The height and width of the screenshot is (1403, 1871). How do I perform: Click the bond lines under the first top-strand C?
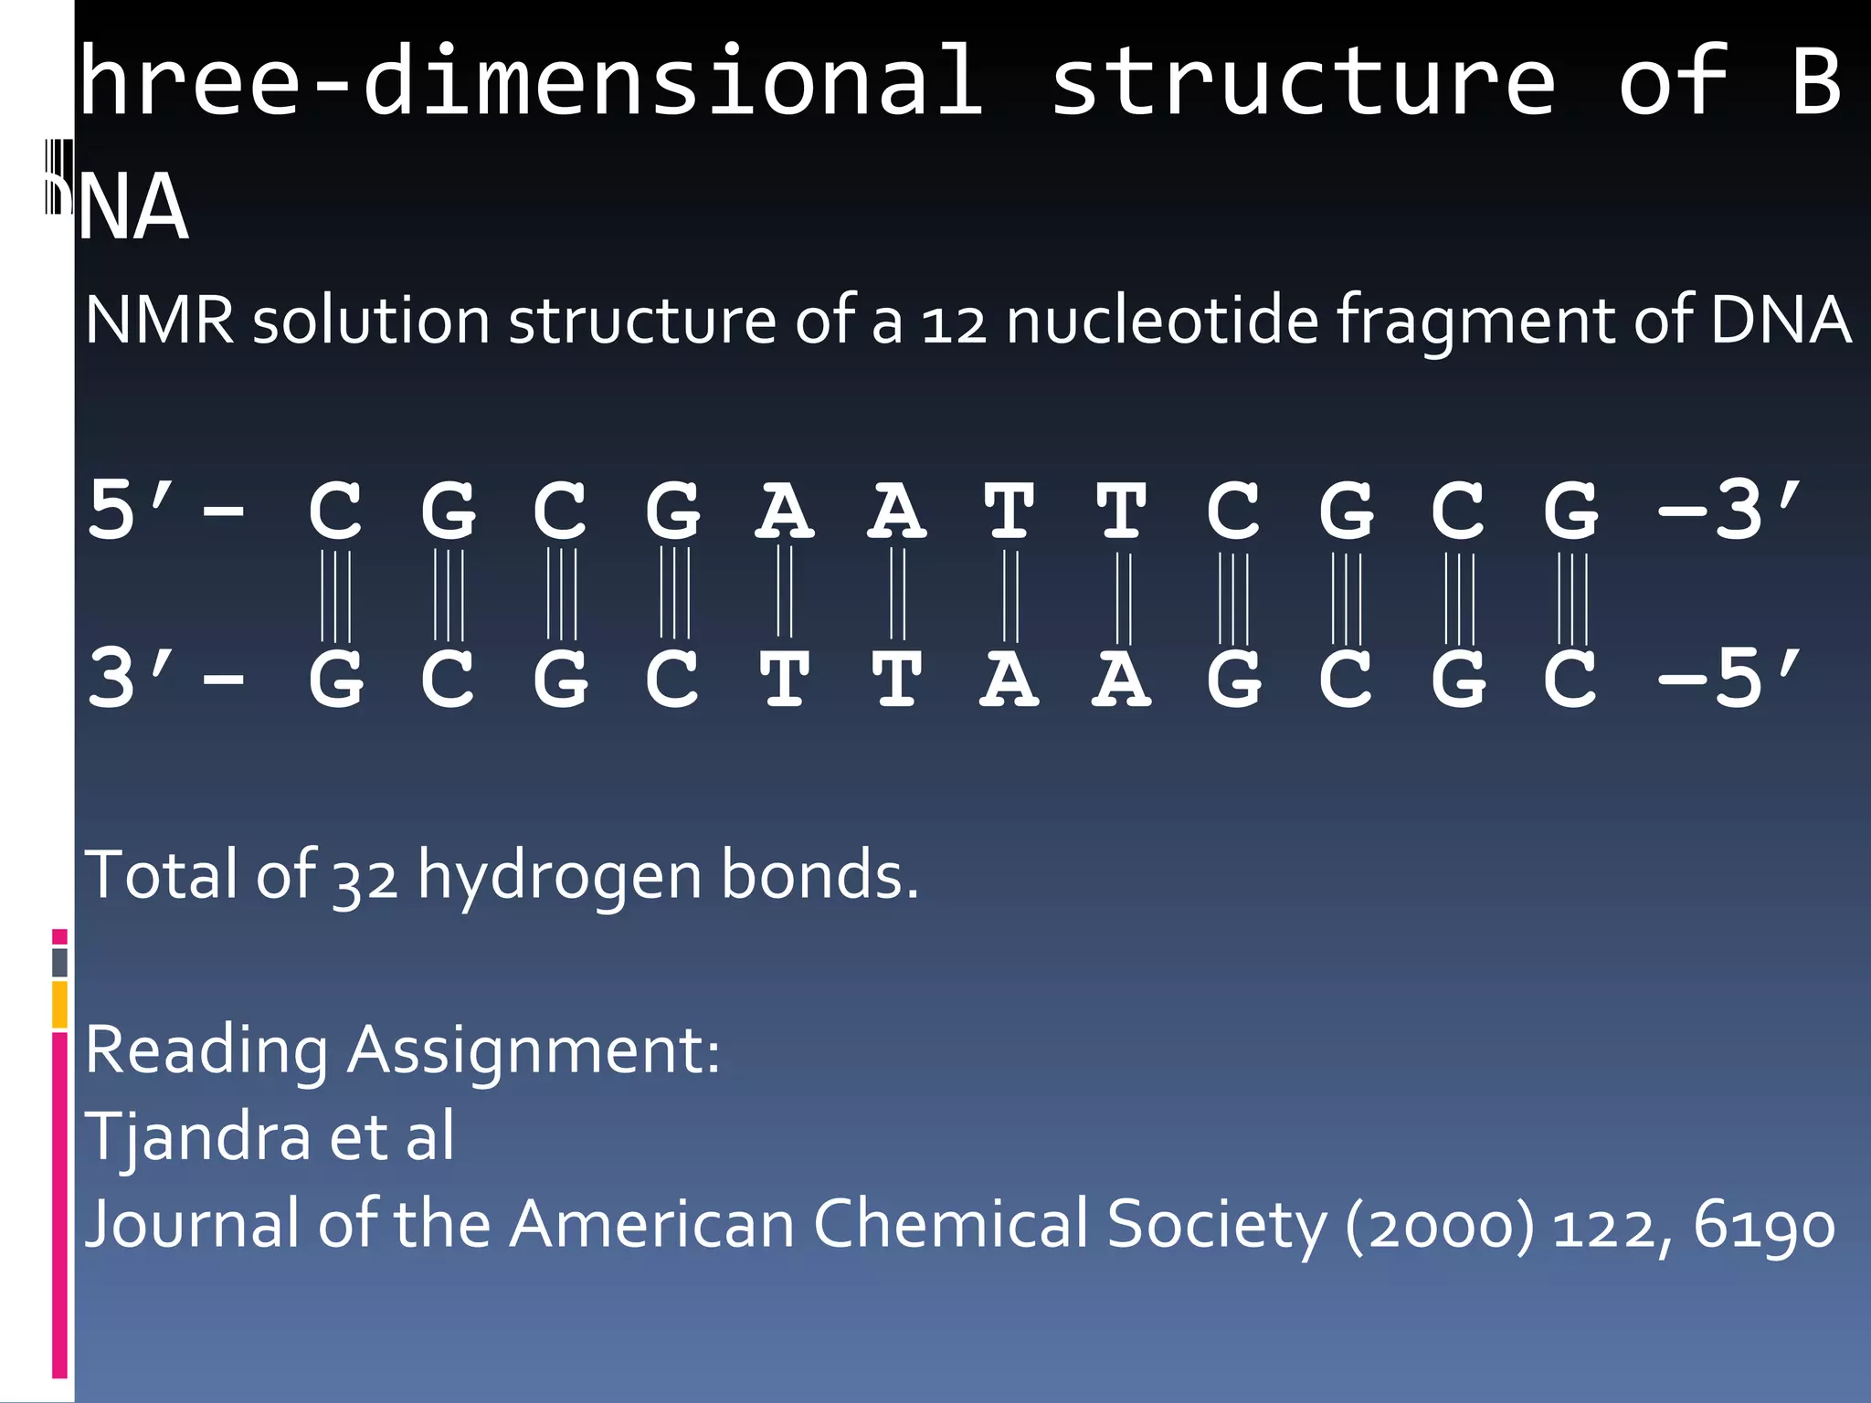coord(335,596)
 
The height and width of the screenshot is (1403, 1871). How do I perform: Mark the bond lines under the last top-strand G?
coord(1572,598)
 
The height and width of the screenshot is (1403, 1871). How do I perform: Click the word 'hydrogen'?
coord(560,877)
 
